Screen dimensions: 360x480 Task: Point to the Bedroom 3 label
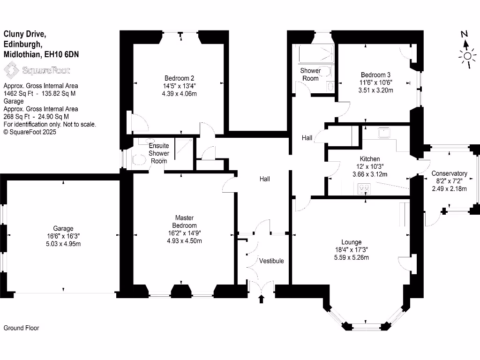pos(375,75)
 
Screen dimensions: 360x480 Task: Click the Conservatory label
pos(450,173)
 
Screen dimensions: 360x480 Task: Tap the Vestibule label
pos(272,261)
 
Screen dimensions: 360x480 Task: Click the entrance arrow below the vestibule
pos(262,299)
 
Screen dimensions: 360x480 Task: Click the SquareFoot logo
pos(37,70)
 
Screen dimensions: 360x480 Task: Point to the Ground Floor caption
pos(21,328)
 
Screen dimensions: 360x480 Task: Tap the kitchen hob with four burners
pos(364,189)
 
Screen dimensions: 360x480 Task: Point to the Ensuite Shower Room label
pos(158,153)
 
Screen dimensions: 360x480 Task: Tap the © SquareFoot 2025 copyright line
pos(30,132)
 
